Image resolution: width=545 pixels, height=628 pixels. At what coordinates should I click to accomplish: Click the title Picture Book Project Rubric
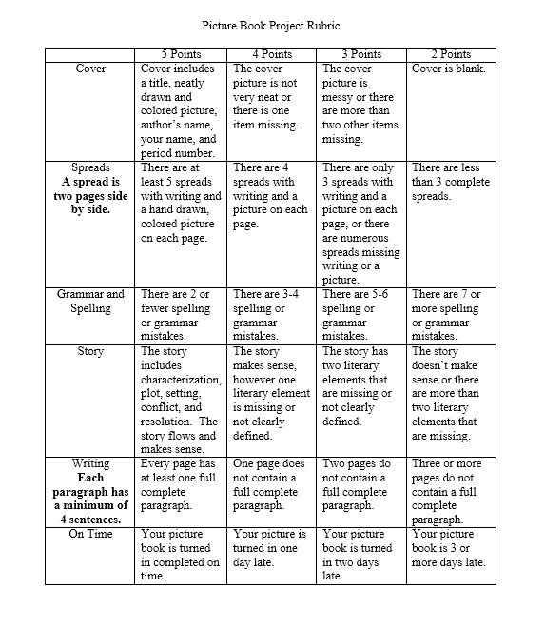click(x=272, y=26)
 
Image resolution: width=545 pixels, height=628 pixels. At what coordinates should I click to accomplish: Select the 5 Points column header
click(x=181, y=54)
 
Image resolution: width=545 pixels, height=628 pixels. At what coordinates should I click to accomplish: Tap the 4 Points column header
click(x=271, y=54)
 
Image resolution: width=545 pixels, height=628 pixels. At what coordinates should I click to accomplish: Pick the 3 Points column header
click(x=360, y=54)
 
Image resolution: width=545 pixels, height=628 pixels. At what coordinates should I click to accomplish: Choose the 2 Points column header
click(x=450, y=54)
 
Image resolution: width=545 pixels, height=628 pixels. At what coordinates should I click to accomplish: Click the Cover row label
click(x=90, y=69)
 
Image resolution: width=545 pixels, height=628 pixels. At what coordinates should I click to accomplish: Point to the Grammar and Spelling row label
click(x=90, y=302)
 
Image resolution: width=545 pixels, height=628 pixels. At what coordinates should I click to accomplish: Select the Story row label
click(x=90, y=351)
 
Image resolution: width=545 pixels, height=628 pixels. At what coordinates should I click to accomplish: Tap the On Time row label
click(x=90, y=534)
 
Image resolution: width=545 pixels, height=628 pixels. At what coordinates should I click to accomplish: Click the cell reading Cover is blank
click(x=450, y=69)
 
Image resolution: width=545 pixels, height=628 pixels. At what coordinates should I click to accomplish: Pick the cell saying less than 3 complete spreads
click(x=450, y=182)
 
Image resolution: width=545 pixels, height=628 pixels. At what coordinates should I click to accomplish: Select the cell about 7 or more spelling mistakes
click(x=450, y=315)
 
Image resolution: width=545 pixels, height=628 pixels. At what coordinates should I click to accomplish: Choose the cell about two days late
click(x=360, y=555)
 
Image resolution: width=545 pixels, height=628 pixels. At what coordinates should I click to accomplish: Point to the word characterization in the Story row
click(x=181, y=380)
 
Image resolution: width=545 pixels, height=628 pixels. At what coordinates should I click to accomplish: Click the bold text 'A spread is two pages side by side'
click(x=90, y=196)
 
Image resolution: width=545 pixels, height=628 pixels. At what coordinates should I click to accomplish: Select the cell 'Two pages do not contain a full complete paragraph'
click(x=360, y=484)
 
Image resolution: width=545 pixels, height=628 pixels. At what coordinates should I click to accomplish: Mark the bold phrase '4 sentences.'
click(x=90, y=520)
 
